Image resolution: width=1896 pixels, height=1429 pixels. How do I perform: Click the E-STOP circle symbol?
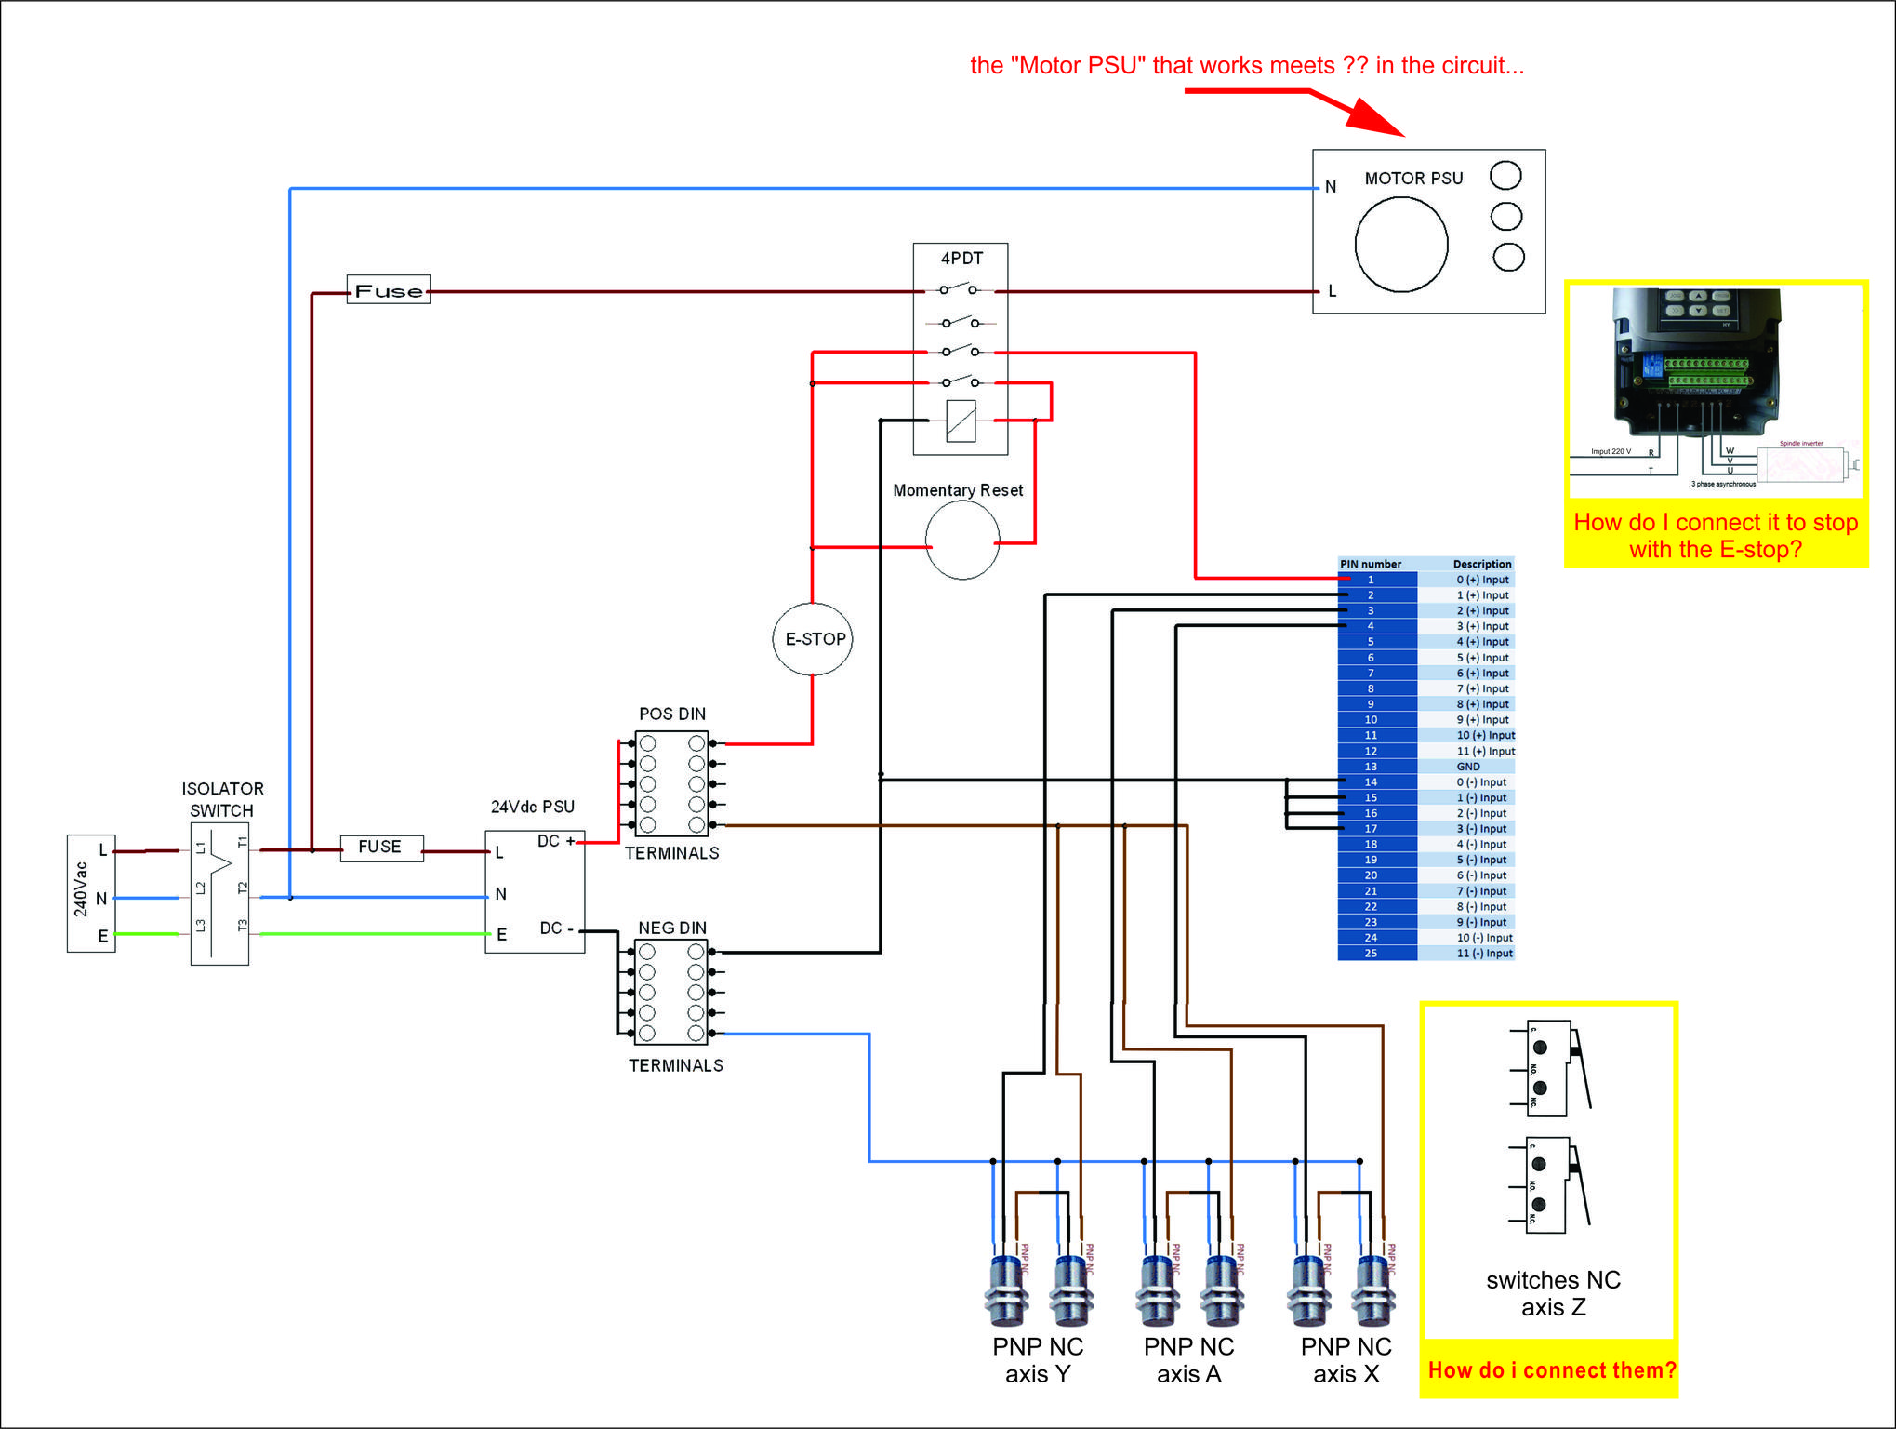click(x=813, y=639)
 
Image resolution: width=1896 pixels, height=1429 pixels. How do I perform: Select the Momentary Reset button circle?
click(x=962, y=541)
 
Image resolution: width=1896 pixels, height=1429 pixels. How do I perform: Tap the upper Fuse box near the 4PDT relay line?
click(x=389, y=290)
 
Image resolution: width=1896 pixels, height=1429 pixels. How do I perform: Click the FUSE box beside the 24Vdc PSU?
click(x=381, y=848)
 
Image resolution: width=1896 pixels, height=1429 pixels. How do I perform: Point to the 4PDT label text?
click(x=961, y=259)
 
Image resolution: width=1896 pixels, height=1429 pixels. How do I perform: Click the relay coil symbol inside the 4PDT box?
click(x=961, y=421)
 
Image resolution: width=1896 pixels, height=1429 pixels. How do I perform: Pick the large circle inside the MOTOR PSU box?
click(x=1401, y=245)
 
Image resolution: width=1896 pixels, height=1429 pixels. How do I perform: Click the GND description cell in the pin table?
click(x=1468, y=767)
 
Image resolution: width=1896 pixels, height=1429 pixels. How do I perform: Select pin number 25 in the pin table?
click(x=1371, y=954)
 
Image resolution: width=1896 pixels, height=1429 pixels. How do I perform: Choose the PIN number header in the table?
click(x=1371, y=564)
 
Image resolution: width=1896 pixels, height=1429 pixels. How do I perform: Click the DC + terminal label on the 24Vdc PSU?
click(x=556, y=841)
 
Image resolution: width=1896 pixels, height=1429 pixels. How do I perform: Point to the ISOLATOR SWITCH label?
click(x=222, y=800)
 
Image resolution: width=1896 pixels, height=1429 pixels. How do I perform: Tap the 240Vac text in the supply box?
click(x=81, y=890)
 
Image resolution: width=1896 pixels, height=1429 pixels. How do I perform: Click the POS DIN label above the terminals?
click(x=672, y=714)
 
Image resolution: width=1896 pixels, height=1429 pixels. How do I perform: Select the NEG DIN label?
click(x=672, y=928)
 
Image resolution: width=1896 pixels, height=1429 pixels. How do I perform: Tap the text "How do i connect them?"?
click(x=1552, y=1370)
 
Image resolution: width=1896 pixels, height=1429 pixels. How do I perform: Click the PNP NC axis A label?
click(x=1188, y=1360)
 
